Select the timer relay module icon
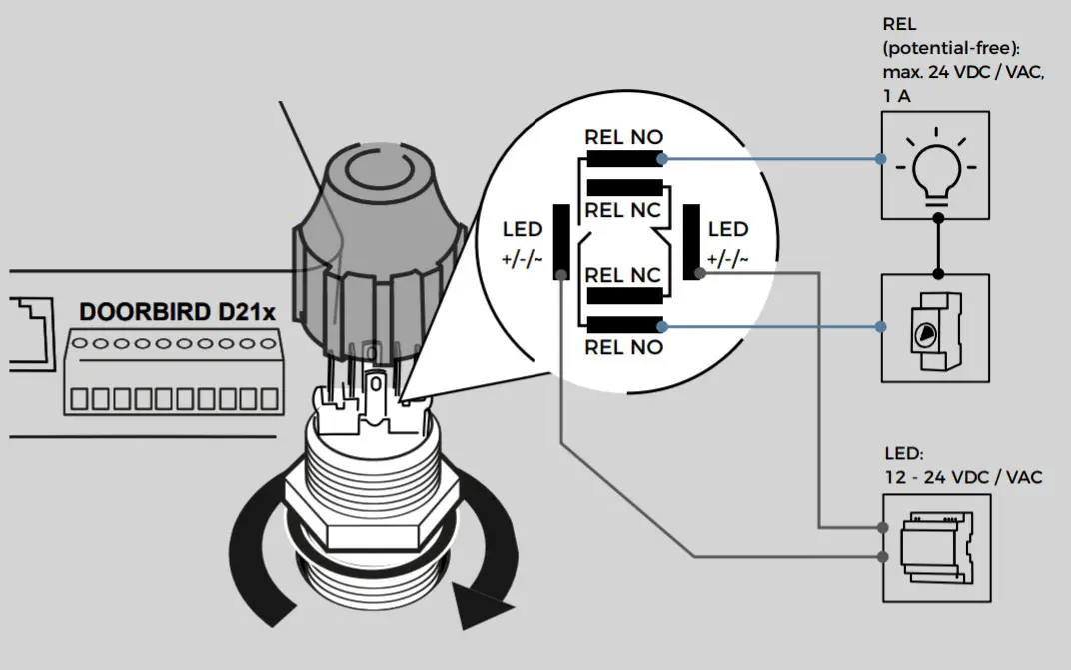(936, 327)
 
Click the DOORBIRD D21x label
(177, 312)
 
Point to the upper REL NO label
(623, 138)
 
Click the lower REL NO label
(623, 348)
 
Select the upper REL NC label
(622, 211)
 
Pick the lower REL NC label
(622, 275)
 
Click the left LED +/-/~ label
(523, 245)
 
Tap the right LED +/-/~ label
(727, 245)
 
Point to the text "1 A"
(897, 96)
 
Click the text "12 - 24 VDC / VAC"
(962, 477)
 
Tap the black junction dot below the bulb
(936, 274)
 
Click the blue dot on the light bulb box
(880, 159)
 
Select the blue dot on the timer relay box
(880, 327)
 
